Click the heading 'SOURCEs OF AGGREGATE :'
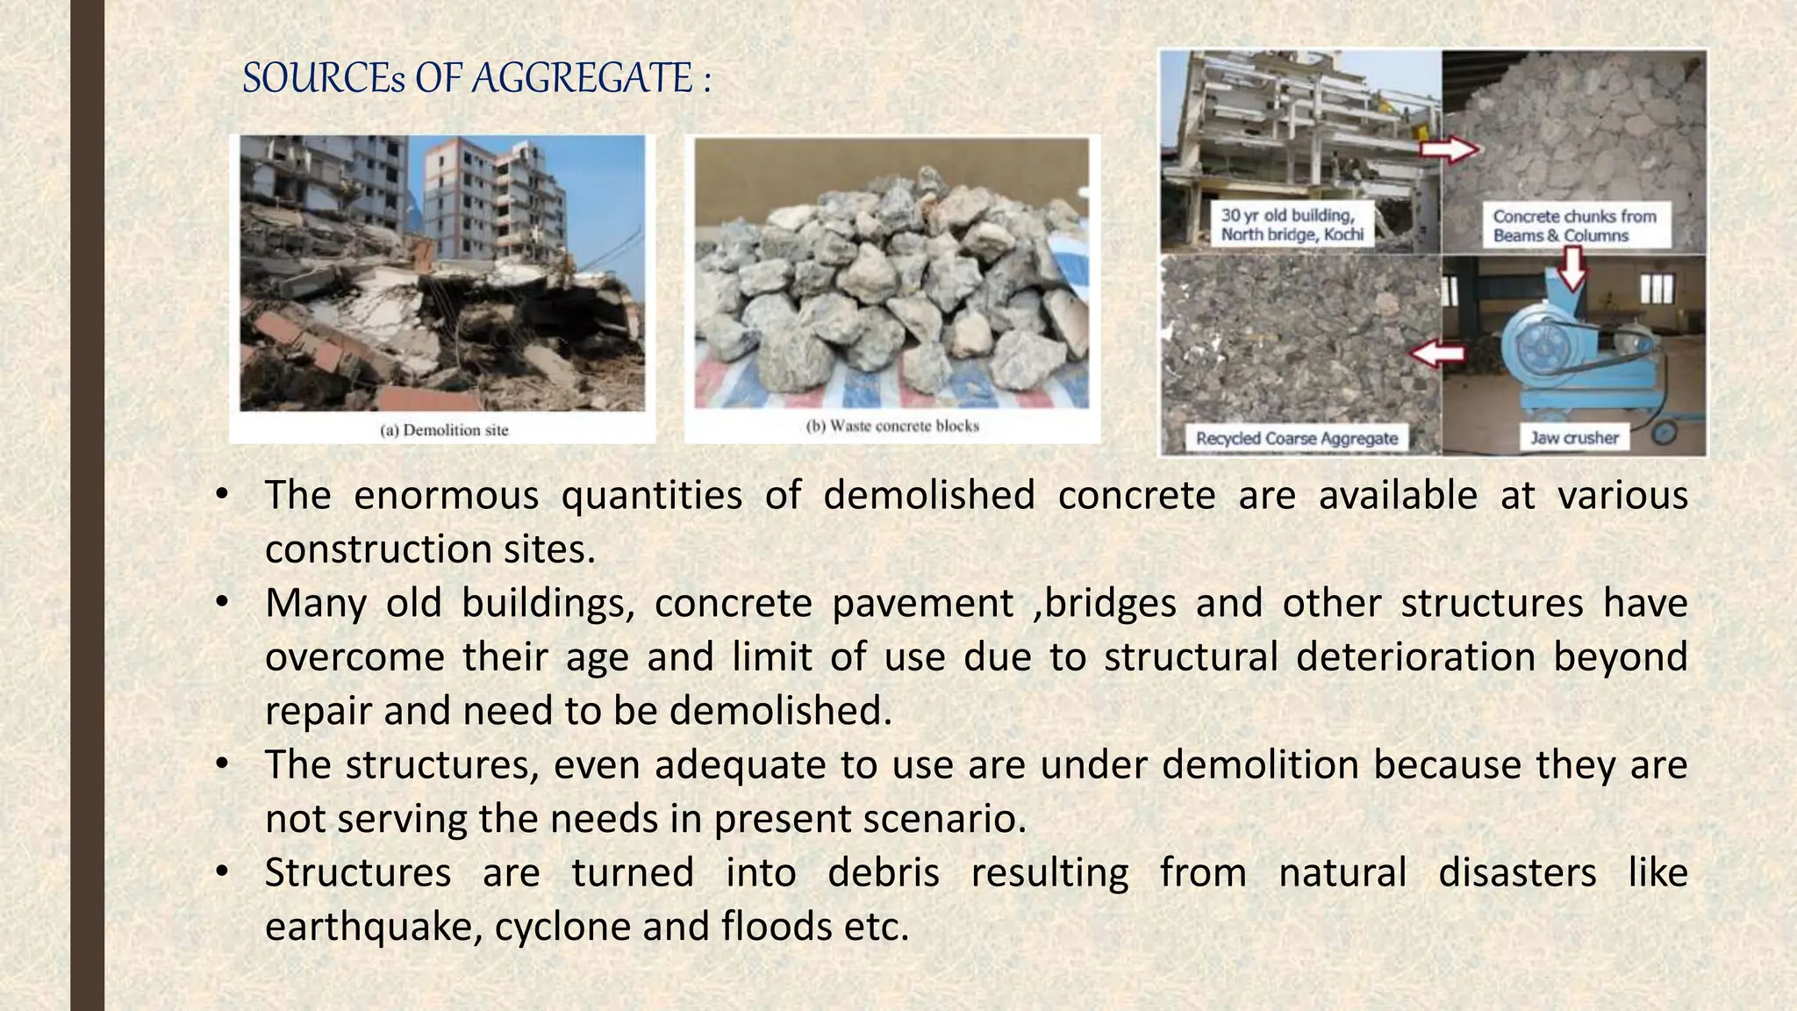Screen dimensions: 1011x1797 coord(476,78)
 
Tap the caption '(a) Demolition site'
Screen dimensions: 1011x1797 coord(444,430)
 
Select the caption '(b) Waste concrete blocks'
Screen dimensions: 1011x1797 coord(891,427)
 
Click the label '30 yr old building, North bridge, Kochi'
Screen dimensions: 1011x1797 coord(1292,225)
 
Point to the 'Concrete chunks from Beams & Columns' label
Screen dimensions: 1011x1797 coord(1574,226)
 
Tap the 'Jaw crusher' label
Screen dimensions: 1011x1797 coord(1574,437)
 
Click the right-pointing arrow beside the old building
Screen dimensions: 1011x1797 coord(1449,149)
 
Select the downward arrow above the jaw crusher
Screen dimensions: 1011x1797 coord(1573,267)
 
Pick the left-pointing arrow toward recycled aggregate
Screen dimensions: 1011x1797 coord(1437,354)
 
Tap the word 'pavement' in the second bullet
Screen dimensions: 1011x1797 coord(922,604)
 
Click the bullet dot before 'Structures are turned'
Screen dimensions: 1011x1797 coord(222,871)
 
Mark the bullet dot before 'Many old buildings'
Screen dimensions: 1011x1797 coord(222,602)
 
